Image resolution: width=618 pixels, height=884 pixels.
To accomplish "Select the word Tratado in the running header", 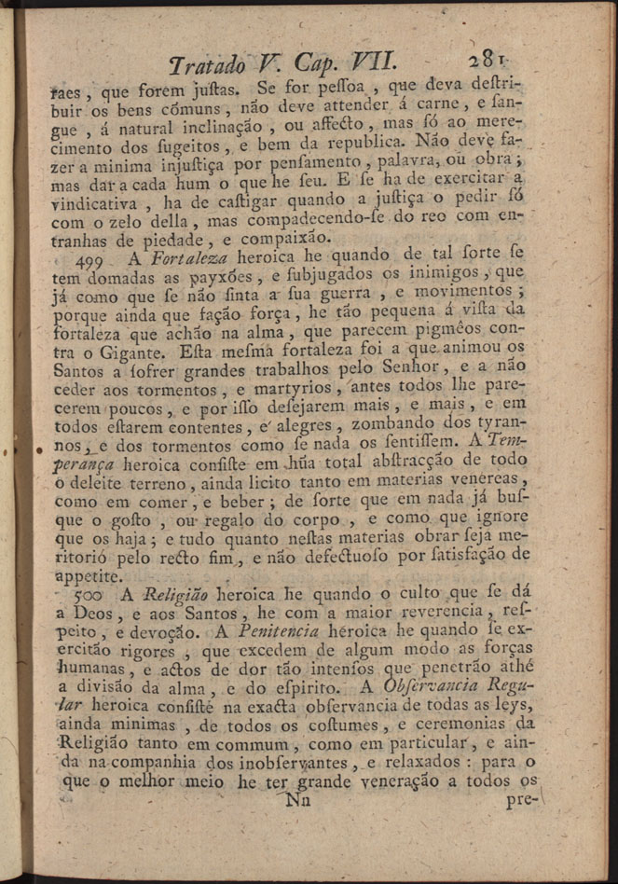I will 207,63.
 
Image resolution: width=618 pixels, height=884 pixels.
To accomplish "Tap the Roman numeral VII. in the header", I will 371,62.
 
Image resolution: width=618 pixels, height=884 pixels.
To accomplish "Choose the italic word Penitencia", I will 283,632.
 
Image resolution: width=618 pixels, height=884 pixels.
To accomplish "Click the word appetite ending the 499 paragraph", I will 88,574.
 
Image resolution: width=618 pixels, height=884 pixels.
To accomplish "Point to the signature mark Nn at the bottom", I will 298,799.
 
